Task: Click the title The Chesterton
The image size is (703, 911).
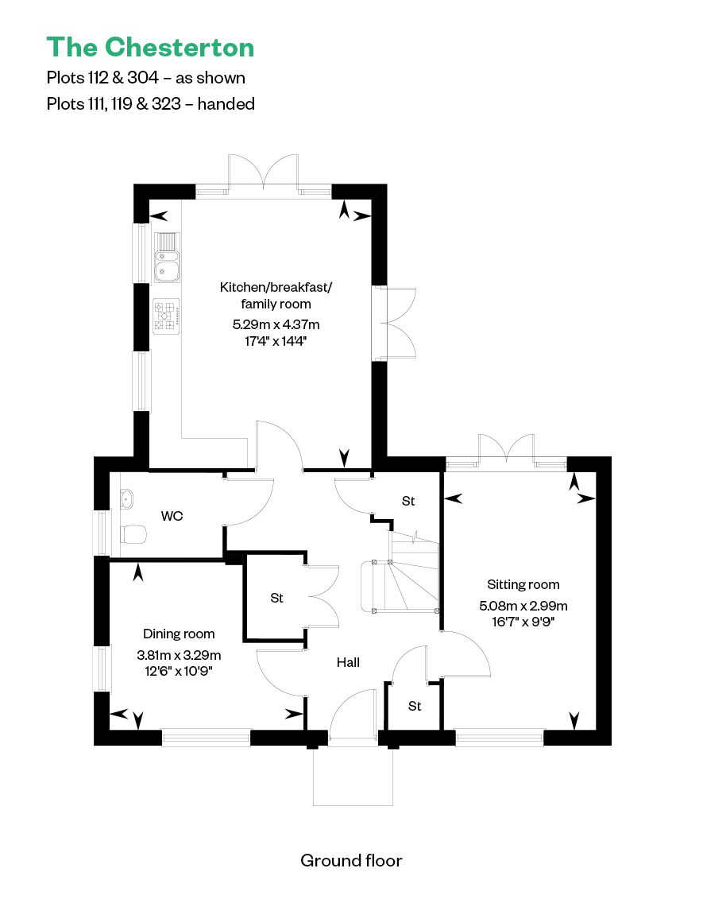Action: point(150,48)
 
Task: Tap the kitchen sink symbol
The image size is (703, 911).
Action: point(167,258)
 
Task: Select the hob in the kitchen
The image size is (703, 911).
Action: point(166,316)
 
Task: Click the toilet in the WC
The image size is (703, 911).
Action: point(133,534)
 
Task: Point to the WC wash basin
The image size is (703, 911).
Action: point(126,498)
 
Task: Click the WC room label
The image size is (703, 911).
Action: point(172,516)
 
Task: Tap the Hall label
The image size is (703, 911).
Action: point(348,662)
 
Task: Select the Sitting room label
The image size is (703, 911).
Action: point(523,584)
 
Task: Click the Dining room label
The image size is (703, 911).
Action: point(179,634)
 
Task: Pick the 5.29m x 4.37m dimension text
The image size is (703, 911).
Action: point(276,324)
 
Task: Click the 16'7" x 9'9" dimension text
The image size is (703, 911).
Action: point(523,622)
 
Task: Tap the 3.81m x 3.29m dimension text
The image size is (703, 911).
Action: point(179,655)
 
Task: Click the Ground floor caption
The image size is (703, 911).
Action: point(351,860)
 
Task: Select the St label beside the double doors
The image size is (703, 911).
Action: point(277,598)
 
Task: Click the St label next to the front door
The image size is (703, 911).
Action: point(415,706)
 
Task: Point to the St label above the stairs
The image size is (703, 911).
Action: point(408,501)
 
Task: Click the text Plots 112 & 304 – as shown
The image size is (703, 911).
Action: point(145,78)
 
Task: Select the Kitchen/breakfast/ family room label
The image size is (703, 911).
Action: point(276,295)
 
